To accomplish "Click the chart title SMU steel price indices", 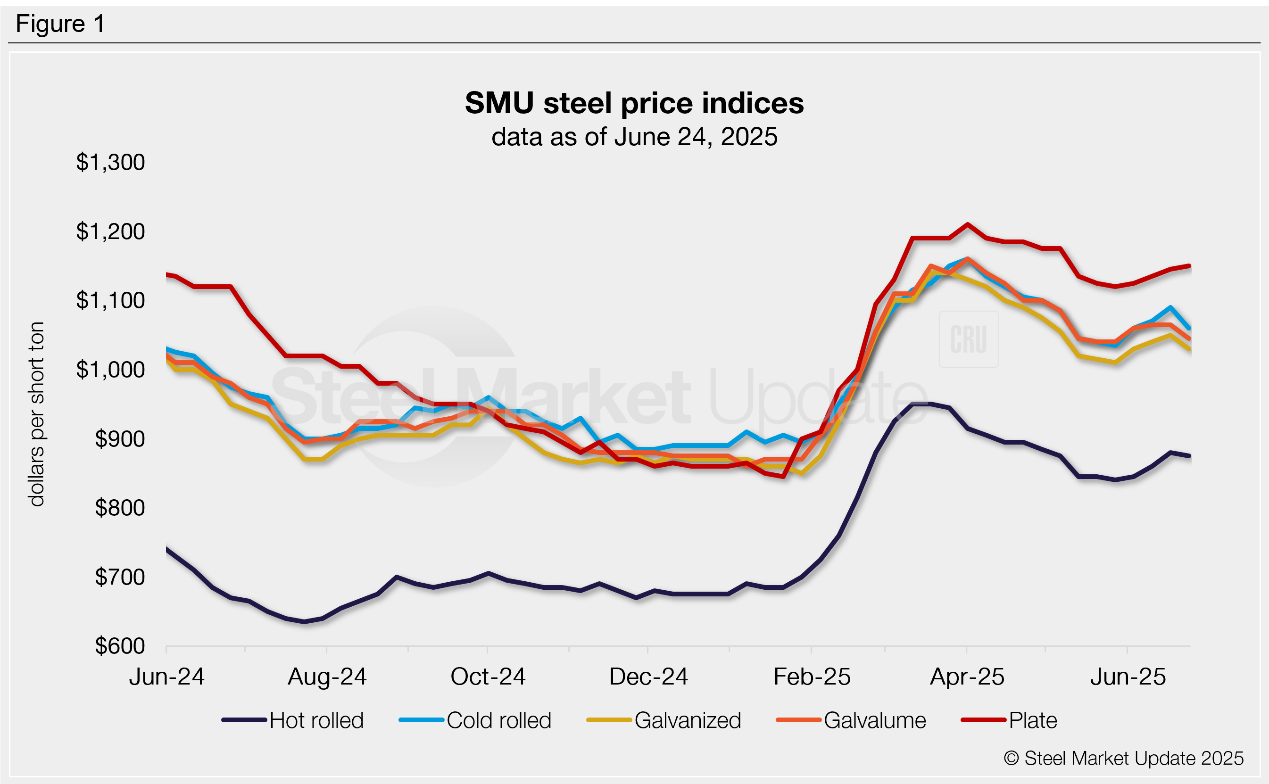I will pyautogui.click(x=634, y=103).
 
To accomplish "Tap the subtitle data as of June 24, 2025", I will pyautogui.click(x=634, y=137).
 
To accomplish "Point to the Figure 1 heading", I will pyautogui.click(x=60, y=24).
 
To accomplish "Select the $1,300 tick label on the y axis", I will pyautogui.click(x=110, y=162).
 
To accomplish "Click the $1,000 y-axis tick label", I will pyautogui.click(x=110, y=370).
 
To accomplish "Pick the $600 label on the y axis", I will pyautogui.click(x=120, y=646).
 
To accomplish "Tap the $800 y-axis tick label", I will pyautogui.click(x=120, y=508).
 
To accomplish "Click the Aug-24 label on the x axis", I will pyautogui.click(x=327, y=677).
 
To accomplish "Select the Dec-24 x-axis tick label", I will pyautogui.click(x=648, y=677).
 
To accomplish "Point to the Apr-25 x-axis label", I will pyautogui.click(x=967, y=677).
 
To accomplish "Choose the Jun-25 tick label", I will pyautogui.click(x=1128, y=677).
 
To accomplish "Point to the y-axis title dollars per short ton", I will pyautogui.click(x=37, y=414).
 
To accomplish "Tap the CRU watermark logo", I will pyautogui.click(x=968, y=339).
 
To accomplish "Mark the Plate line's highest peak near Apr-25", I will pyautogui.click(x=967, y=224).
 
